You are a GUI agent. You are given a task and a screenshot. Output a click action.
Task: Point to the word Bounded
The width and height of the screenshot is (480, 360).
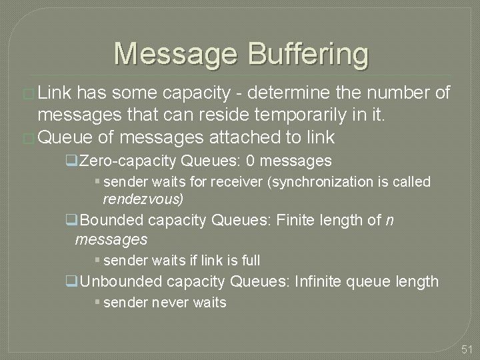(115, 221)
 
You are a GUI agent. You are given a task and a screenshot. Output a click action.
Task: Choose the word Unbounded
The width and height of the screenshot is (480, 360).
(123, 282)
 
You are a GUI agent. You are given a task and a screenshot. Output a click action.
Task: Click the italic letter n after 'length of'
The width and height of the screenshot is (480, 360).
(389, 221)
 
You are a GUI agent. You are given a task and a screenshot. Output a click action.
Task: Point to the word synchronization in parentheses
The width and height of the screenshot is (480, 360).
(322, 182)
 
